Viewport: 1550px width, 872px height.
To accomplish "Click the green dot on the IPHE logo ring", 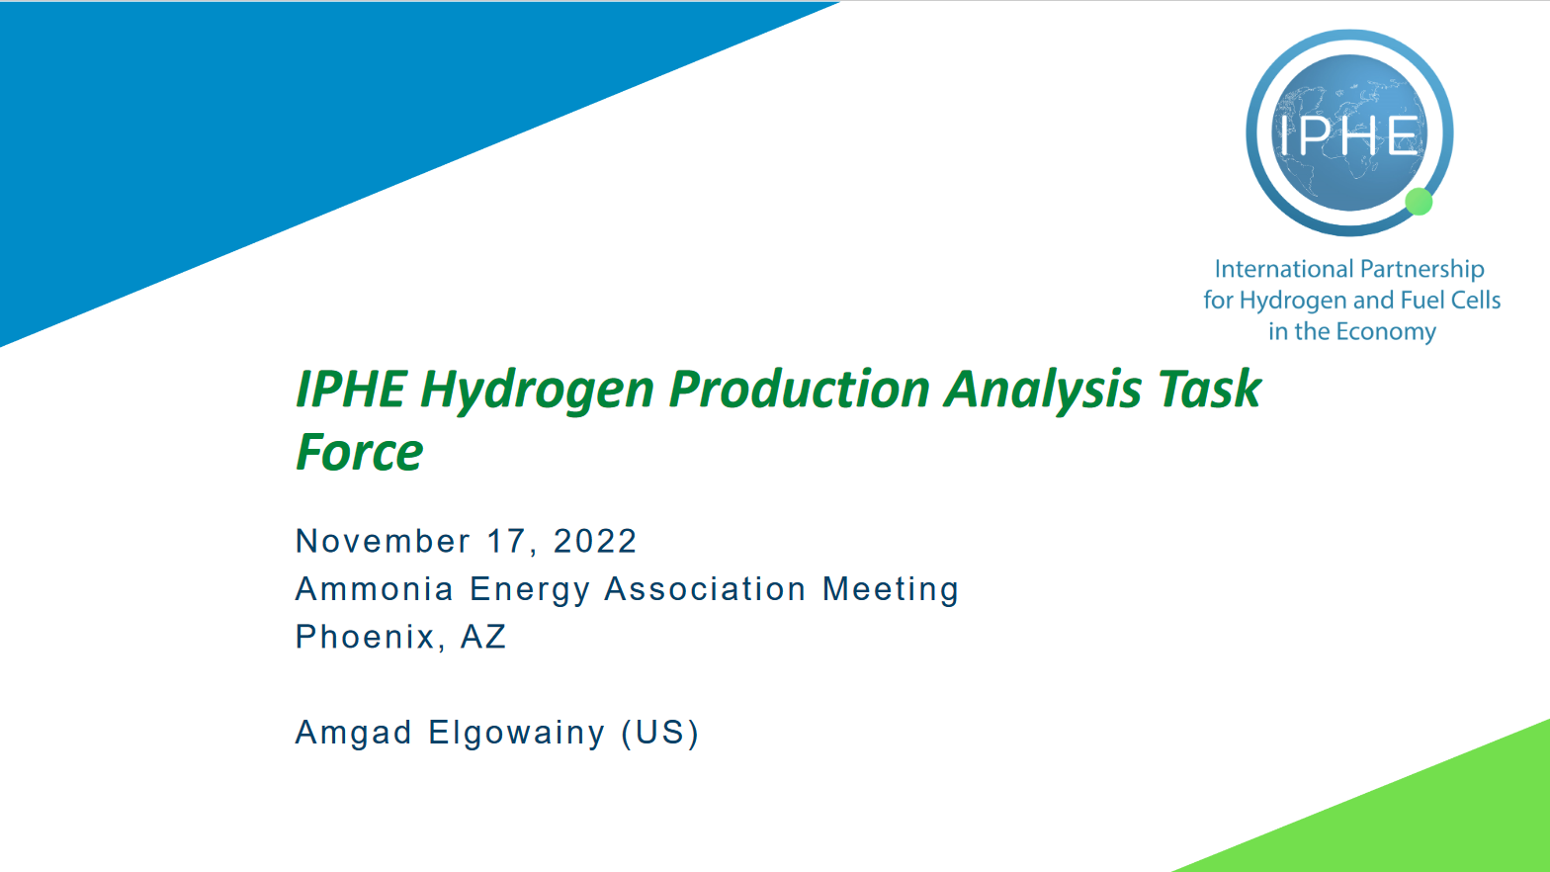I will [1419, 202].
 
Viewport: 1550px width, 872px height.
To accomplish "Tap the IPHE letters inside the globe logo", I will [1350, 135].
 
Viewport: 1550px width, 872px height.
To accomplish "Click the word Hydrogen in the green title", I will [537, 389].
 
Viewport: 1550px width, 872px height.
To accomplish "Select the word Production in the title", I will [800, 389].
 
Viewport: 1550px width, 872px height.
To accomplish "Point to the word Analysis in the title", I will [1043, 389].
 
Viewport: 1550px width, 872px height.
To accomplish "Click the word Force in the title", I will [360, 453].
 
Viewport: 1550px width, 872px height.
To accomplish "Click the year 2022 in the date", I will [595, 541].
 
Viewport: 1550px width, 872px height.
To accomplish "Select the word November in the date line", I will [383, 541].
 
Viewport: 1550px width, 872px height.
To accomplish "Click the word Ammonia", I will [374, 589].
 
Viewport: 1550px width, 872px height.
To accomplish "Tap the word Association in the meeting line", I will [705, 589].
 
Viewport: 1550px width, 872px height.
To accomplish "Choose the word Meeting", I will [891, 589].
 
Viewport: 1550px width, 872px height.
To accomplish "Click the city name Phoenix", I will [365, 637].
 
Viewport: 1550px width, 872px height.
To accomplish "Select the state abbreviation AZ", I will [483, 637].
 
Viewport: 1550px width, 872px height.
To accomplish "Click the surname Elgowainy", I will [516, 733].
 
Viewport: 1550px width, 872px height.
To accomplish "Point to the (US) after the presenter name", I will [660, 733].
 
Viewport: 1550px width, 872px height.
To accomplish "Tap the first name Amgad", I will [353, 733].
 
